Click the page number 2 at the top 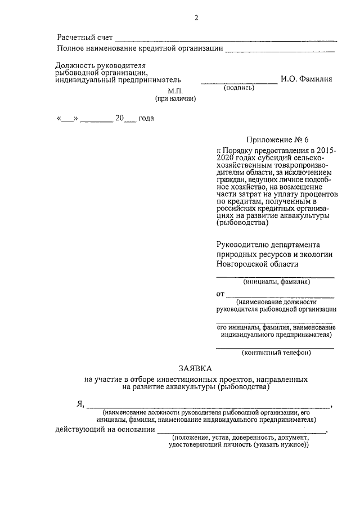pos(196,17)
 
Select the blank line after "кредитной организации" pos(279,51)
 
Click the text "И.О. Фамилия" pos(307,79)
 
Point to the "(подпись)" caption pos(239,88)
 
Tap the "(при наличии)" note pos(175,98)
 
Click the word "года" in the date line pos(146,118)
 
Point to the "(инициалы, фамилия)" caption pos(276,282)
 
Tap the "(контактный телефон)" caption pos(276,353)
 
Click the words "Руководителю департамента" pos(268,245)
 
